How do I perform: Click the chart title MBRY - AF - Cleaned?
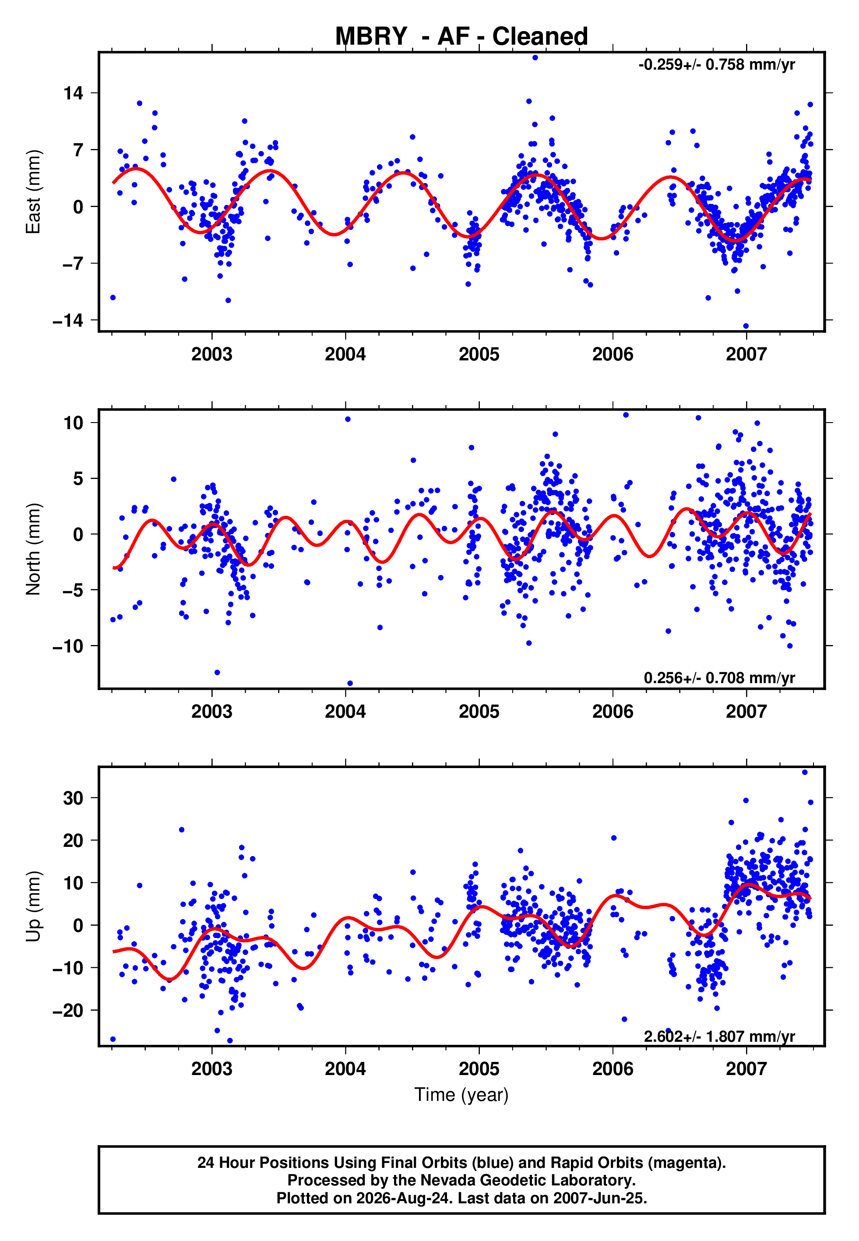pos(461,37)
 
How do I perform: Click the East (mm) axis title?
pos(33,192)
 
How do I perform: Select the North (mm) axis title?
pos(33,549)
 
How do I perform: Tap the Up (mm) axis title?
pos(33,906)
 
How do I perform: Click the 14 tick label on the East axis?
pos(74,93)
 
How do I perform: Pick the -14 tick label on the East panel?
pos(68,321)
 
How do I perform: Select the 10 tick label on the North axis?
pos(74,423)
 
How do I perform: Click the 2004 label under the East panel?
pos(345,354)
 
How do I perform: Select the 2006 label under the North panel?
pos(613,712)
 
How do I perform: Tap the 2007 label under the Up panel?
pos(746,1069)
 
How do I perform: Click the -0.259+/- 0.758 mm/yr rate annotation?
pos(716,65)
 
